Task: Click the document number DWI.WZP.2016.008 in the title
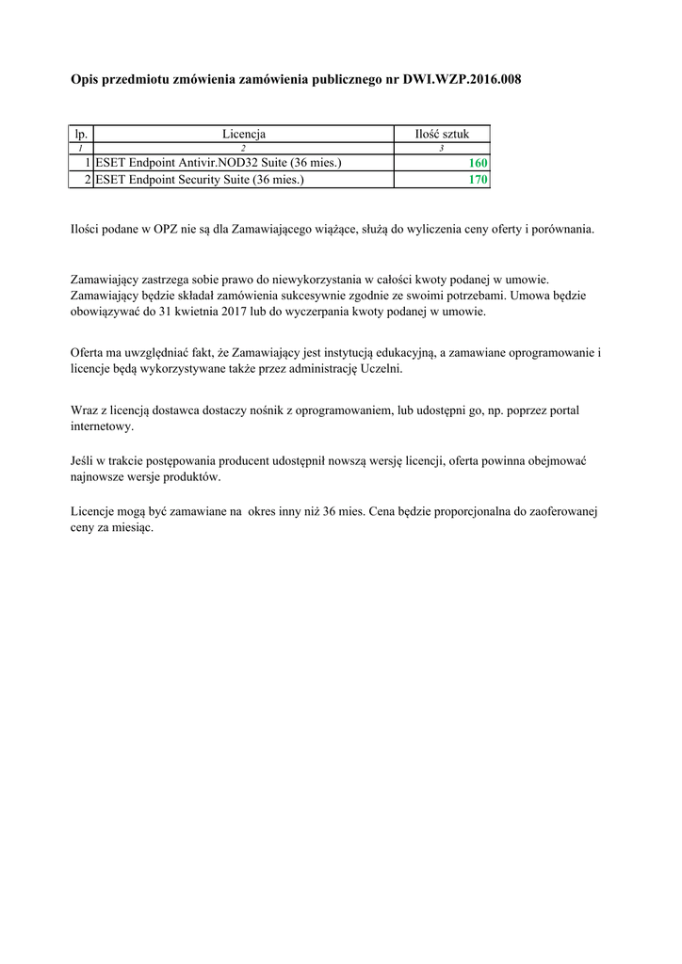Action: [x=462, y=80]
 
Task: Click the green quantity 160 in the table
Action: [x=478, y=163]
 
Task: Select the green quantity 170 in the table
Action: [x=478, y=179]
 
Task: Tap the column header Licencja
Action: [x=243, y=135]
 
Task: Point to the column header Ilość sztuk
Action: [x=441, y=135]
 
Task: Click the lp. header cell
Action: [x=81, y=135]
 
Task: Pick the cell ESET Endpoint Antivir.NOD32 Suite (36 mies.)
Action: [x=219, y=163]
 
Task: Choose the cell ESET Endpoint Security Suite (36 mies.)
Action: [x=200, y=179]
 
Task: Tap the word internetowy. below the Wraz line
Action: [x=103, y=426]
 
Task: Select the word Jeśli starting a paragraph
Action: [x=84, y=460]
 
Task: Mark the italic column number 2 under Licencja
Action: [x=243, y=149]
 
